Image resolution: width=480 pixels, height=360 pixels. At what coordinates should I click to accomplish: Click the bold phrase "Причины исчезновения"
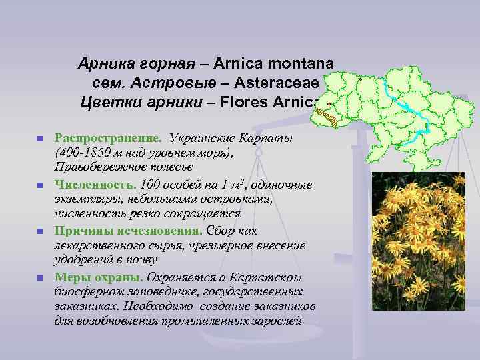click(x=129, y=231)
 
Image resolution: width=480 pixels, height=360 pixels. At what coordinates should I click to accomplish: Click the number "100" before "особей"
click(x=143, y=183)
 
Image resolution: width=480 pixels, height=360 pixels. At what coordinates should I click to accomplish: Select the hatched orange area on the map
click(x=327, y=118)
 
